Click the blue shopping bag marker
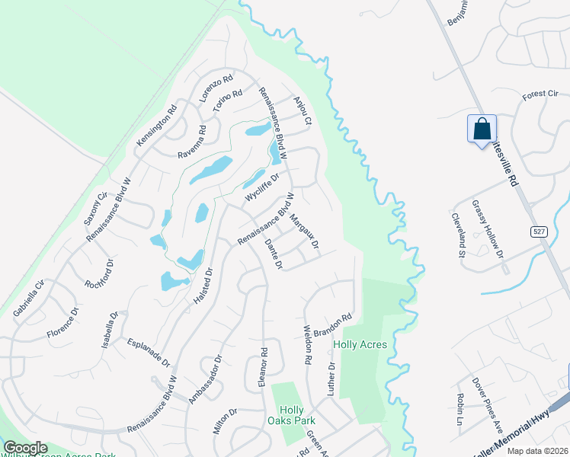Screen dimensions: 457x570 tap(482, 129)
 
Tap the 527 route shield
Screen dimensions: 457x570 tap(539, 231)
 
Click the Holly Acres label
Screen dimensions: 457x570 tap(360, 345)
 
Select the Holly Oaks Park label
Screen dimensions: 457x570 tap(291, 415)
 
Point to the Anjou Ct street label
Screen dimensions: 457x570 tap(304, 110)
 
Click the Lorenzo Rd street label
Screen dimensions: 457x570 tap(216, 90)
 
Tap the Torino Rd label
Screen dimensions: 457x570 tap(227, 101)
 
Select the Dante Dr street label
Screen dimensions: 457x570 tap(273, 254)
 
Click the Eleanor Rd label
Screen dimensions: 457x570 tap(264, 368)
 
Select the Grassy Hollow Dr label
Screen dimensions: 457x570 tap(488, 228)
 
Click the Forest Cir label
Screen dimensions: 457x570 tap(540, 94)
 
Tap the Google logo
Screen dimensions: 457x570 tap(26, 448)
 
